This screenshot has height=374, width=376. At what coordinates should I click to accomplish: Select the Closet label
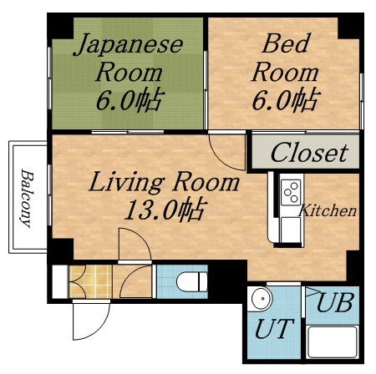pos(308,154)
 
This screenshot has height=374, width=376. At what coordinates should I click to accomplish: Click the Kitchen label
pos(328,211)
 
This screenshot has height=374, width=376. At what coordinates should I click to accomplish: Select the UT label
pos(272,328)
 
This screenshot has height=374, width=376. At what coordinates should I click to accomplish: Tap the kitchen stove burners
pos(291,193)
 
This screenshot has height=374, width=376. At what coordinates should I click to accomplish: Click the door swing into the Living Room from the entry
pos(133,245)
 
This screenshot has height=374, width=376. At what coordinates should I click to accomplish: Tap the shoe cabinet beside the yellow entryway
pos(59,281)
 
